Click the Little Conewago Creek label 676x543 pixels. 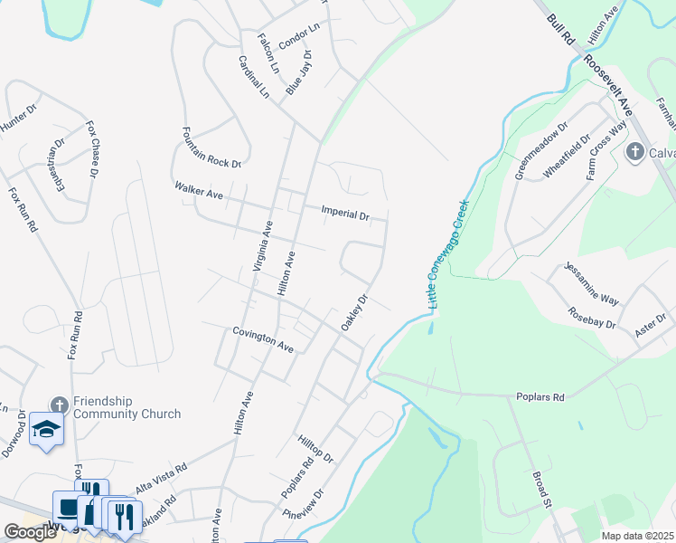[x=448, y=255]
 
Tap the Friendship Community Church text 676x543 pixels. [x=127, y=407]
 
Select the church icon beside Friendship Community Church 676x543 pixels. [x=59, y=405]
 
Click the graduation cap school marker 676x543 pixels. [x=44, y=429]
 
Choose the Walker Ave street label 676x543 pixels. [x=198, y=190]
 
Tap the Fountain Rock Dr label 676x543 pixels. [x=211, y=148]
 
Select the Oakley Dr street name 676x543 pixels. [x=354, y=311]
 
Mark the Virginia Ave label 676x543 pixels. [x=262, y=247]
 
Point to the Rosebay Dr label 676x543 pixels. [x=593, y=317]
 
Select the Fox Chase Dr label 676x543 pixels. [x=92, y=148]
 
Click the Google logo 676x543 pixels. [x=30, y=532]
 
